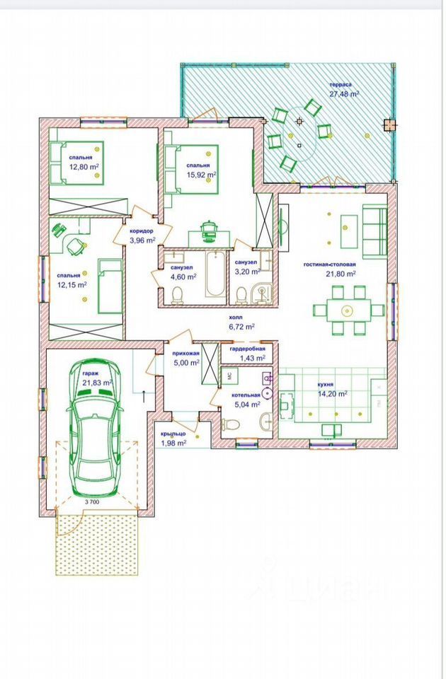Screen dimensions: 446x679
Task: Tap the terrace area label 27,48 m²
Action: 345,93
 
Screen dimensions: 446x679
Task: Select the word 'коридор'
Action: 142,232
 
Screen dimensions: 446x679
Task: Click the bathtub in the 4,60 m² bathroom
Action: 215,274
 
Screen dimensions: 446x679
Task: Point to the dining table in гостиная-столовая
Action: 349,310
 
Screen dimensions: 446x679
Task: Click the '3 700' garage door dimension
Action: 92,502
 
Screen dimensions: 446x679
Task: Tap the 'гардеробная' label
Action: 248,349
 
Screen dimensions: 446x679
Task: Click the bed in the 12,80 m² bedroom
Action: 76,163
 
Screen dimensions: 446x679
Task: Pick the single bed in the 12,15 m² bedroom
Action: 110,286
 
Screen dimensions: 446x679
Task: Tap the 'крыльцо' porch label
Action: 173,434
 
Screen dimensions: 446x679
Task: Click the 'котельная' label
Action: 246,395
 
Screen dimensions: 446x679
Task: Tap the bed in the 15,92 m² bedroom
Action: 190,169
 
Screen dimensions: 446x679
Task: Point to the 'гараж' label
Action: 91,373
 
